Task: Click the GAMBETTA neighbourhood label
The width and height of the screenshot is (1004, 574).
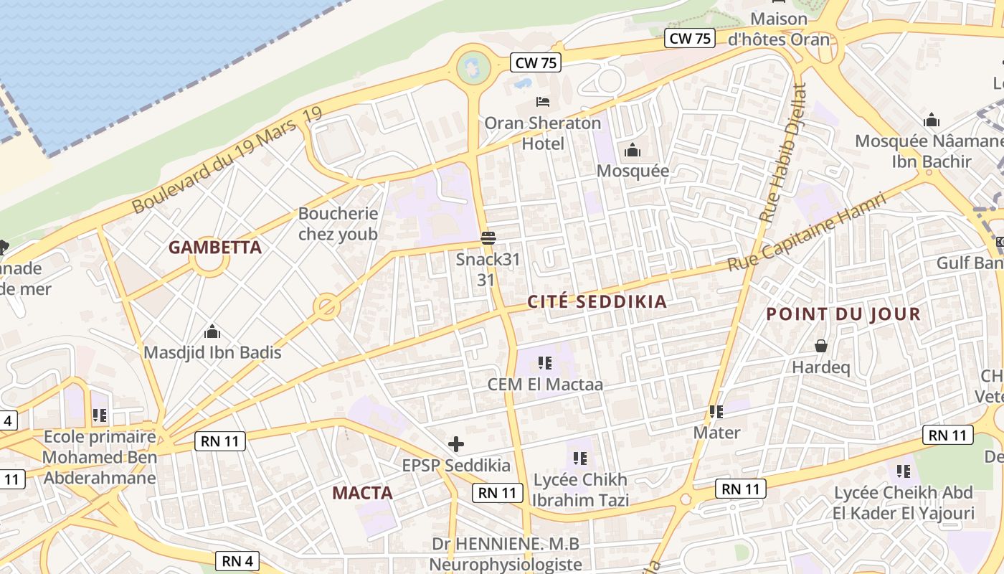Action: point(214,248)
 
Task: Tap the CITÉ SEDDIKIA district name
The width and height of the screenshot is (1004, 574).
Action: point(597,302)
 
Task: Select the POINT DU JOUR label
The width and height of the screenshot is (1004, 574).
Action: point(843,314)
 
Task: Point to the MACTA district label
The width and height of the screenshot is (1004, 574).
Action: point(362,493)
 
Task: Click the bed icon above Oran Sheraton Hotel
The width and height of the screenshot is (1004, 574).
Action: point(543,102)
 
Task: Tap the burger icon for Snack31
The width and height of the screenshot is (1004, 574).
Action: point(488,237)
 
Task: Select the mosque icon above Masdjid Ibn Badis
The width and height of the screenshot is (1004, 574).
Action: point(212,331)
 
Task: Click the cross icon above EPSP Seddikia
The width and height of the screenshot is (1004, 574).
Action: point(455,444)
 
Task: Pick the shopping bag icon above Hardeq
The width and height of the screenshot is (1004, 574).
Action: point(821,347)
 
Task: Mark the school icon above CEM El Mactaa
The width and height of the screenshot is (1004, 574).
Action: point(545,363)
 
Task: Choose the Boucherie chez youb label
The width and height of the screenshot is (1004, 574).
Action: point(338,224)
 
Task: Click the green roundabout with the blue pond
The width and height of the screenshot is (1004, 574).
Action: point(473,67)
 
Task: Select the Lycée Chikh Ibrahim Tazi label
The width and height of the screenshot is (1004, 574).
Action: point(580,489)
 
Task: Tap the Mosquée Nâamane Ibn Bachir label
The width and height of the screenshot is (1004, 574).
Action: point(932,151)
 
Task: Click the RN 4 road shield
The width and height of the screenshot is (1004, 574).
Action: point(237,560)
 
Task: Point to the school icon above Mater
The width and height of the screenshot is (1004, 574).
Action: point(716,412)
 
